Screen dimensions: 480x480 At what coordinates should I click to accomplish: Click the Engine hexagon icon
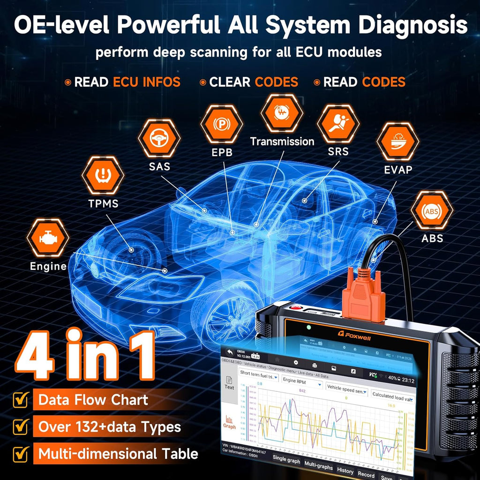click(48, 239)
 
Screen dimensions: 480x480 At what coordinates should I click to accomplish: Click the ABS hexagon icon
click(432, 211)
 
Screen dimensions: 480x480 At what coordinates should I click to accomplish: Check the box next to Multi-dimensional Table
click(20, 454)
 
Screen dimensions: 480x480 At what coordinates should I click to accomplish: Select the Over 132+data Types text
click(109, 427)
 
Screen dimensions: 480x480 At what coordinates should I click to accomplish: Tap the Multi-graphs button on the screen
click(318, 466)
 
